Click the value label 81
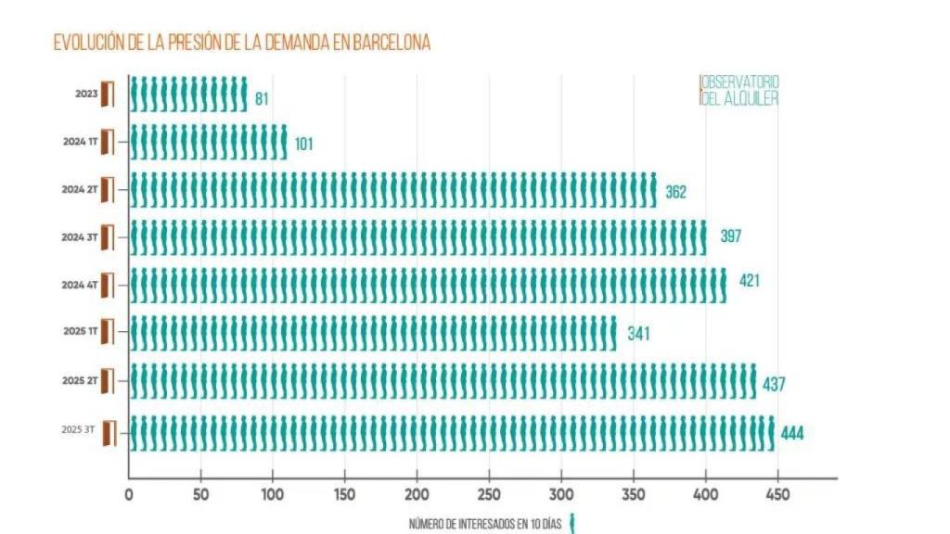(262, 98)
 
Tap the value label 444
(791, 434)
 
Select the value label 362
(675, 193)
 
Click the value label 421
(749, 281)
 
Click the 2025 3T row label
(78, 430)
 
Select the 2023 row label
(87, 94)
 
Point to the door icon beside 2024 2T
(107, 190)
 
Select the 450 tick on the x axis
(777, 495)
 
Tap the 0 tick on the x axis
(129, 495)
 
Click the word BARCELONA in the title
(392, 43)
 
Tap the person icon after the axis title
(572, 523)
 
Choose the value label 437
(773, 384)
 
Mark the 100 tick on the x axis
(273, 495)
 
